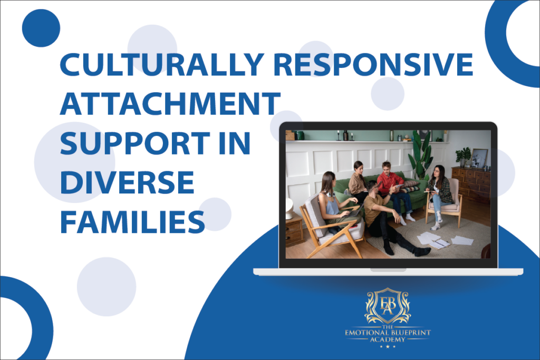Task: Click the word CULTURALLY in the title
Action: tap(162, 64)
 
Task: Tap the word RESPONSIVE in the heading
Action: tap(373, 64)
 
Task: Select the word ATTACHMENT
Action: tap(170, 103)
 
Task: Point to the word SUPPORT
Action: tap(135, 143)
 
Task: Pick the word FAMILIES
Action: tap(132, 222)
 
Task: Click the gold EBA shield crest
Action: tap(388, 306)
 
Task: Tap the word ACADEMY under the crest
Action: tap(388, 339)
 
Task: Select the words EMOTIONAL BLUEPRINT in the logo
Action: tap(388, 333)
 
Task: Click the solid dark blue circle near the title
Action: tap(41, 28)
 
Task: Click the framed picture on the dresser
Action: tap(479, 158)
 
